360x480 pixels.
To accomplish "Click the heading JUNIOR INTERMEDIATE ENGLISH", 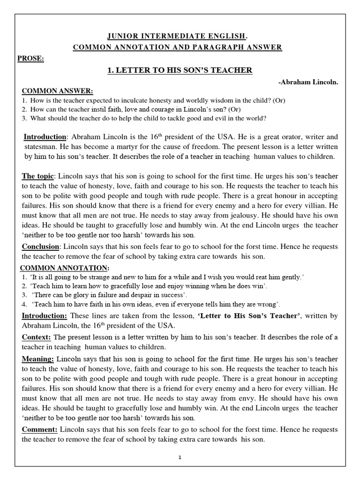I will point(180,36).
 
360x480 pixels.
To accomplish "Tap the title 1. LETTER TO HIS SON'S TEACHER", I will point(180,70).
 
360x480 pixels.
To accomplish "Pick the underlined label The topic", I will point(38,176).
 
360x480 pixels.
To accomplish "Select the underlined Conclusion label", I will point(41,247).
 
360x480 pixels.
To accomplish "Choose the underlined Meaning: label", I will point(38,359).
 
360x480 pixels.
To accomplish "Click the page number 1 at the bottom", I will point(180,458).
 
